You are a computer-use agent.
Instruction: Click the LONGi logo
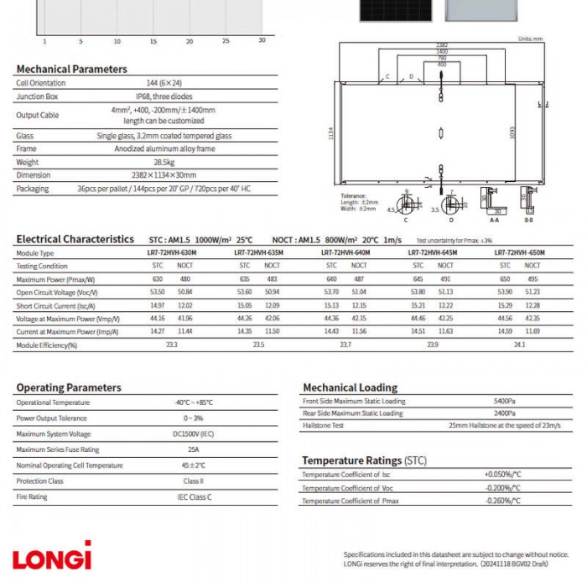click(x=51, y=557)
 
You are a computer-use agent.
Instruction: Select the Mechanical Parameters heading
click(x=72, y=69)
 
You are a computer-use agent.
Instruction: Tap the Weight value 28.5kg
click(x=163, y=162)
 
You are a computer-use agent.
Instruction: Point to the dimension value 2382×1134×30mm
click(x=163, y=175)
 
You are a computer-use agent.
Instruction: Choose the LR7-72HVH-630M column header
click(x=165, y=252)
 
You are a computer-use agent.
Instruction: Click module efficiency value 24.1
click(x=519, y=345)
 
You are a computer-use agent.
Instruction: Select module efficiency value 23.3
click(x=171, y=345)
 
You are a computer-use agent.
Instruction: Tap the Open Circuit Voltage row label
click(x=57, y=293)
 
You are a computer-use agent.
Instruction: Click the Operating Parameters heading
click(x=69, y=387)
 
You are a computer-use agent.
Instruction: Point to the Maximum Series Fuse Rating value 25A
click(x=193, y=450)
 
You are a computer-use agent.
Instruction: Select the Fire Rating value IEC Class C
click(x=193, y=497)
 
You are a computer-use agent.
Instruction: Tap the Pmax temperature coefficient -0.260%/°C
click(x=503, y=501)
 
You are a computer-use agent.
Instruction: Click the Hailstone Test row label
click(x=323, y=426)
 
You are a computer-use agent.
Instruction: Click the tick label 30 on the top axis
click(x=262, y=40)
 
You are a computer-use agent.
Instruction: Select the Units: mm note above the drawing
click(x=531, y=39)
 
